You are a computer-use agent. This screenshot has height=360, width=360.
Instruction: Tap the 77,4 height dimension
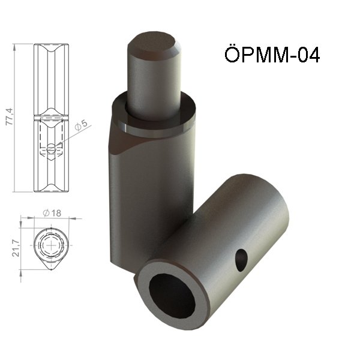10,116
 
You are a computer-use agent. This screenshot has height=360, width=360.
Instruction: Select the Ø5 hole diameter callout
82,125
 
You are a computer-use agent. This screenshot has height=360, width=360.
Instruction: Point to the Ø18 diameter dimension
52,213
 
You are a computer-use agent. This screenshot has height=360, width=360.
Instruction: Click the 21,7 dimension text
16,248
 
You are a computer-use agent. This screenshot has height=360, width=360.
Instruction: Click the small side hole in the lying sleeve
241,260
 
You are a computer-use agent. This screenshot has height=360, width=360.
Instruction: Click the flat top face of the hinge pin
152,46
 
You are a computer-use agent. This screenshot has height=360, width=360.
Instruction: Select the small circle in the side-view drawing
51,148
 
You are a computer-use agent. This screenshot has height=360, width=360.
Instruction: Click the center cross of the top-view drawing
51,245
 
